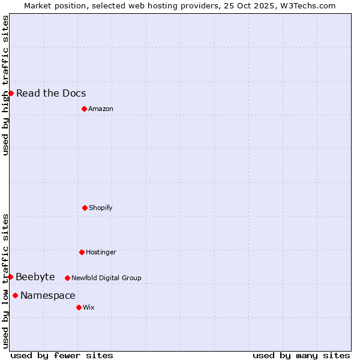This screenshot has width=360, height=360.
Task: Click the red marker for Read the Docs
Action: (11, 93)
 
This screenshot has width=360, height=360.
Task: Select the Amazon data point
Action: (84, 109)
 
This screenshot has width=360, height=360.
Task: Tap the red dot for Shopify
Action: (85, 208)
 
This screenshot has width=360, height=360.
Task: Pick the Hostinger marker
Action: (82, 252)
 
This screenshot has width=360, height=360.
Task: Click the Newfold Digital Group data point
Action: (67, 278)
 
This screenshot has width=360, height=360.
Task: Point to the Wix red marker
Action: (79, 307)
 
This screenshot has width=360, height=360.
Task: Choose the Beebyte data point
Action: (10, 277)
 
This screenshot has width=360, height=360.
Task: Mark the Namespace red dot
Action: (15, 295)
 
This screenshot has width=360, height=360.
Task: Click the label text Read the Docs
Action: (51, 93)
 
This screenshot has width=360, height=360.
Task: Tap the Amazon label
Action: (101, 109)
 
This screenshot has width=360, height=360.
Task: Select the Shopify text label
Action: (101, 208)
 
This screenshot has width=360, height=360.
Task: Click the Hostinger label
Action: (101, 252)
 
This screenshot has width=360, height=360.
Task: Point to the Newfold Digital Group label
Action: (106, 278)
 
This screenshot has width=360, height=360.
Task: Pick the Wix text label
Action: (89, 307)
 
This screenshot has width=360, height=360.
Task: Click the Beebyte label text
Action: (35, 277)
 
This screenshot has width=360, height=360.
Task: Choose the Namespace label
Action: (48, 295)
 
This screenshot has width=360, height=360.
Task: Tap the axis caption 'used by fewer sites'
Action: (62, 355)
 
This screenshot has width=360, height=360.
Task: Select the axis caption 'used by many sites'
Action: (301, 355)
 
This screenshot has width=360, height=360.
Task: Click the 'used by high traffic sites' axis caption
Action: (5, 85)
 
